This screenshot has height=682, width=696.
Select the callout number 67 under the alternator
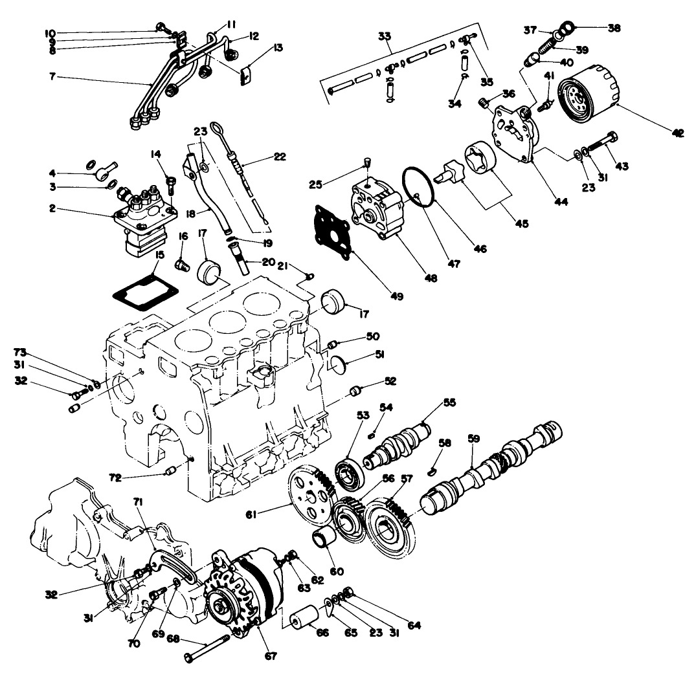(270, 655)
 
